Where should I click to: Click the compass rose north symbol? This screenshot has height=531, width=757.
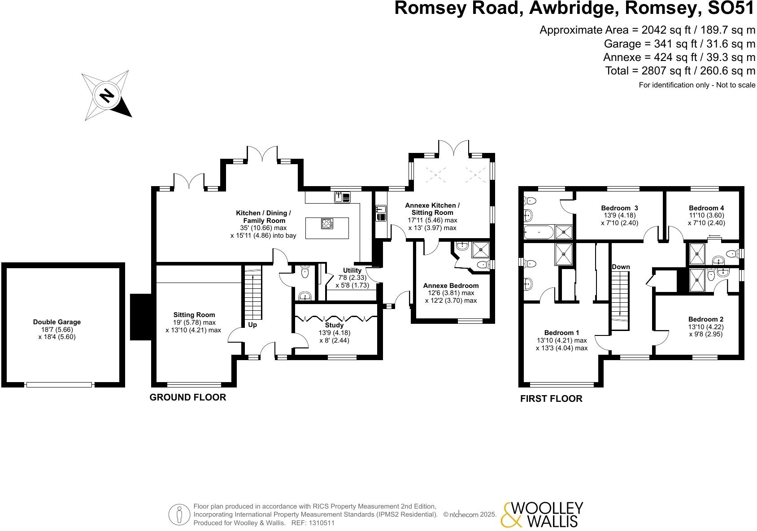click(x=106, y=96)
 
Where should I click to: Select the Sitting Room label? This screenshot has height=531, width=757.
click(x=194, y=315)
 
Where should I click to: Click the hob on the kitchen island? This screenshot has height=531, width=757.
click(x=327, y=223)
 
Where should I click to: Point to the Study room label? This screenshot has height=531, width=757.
click(x=334, y=325)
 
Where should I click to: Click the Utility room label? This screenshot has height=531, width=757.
click(x=352, y=270)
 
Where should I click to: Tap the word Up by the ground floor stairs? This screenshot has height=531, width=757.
click(x=252, y=325)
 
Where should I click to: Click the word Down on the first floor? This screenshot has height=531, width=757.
click(x=621, y=267)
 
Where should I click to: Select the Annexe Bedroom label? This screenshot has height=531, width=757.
click(x=451, y=286)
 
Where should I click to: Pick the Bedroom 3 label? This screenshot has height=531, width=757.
click(x=619, y=208)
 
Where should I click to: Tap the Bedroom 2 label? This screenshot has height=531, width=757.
click(x=705, y=319)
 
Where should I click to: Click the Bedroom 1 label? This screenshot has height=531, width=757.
click(x=561, y=333)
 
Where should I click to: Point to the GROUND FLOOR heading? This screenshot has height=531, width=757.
click(x=187, y=397)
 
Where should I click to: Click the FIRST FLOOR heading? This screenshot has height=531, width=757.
click(x=551, y=399)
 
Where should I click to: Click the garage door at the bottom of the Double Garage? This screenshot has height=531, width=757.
click(x=59, y=385)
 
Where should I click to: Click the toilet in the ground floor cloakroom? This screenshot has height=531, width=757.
click(x=305, y=272)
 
